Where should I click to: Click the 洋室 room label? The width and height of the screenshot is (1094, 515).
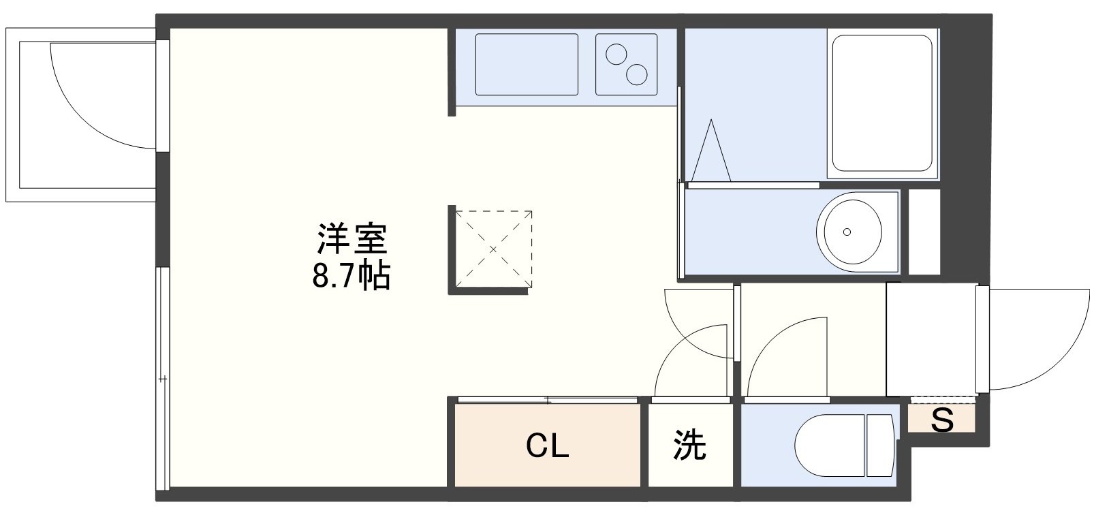[352, 239]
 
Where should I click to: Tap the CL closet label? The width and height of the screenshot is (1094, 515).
[548, 446]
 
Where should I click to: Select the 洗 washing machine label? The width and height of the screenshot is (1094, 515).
[689, 446]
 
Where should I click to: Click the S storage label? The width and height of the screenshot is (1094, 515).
[942, 420]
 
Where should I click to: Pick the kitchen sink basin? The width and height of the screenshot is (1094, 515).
[526, 64]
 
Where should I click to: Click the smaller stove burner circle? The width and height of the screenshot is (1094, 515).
[616, 53]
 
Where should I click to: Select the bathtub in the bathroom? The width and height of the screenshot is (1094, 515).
[881, 102]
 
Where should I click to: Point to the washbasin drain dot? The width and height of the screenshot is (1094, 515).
[847, 232]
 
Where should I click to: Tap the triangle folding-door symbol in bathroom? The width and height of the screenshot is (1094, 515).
[711, 153]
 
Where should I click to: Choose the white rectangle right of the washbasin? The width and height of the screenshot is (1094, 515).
[924, 232]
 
